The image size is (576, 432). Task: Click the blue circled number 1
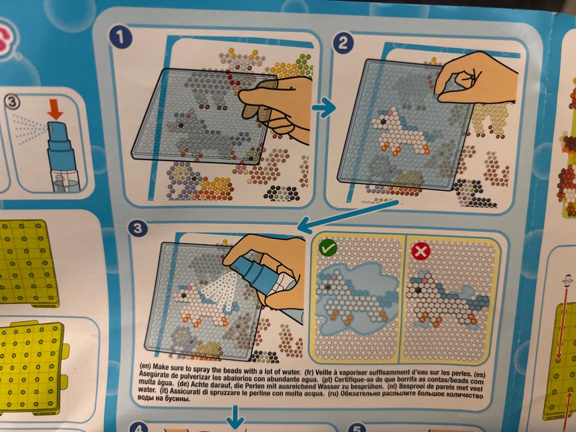pos(120,37)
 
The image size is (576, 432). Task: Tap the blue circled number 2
pos(343,43)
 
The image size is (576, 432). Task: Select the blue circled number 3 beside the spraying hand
pos(138,229)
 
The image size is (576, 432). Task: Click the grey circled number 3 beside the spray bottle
pos(12,102)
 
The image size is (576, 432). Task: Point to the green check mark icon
pos(328,248)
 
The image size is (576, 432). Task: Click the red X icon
pos(421,251)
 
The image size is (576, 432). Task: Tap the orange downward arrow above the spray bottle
pos(55,109)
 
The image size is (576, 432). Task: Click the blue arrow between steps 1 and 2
pos(324,108)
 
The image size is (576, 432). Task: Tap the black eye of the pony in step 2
pos(383,121)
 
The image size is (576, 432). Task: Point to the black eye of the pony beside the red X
pos(418,290)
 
